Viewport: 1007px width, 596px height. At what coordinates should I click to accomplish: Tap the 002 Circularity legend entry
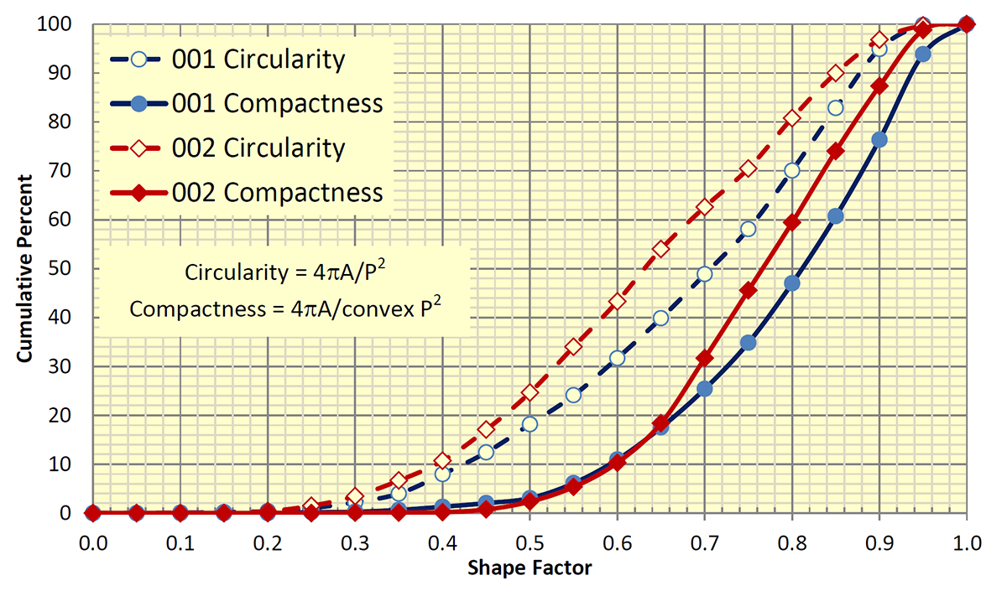click(258, 148)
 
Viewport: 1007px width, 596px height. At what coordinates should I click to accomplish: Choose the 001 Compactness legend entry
click(277, 104)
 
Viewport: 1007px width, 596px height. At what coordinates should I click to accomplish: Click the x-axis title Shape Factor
click(529, 567)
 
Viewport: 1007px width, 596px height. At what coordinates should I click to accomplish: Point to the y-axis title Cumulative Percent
click(24, 268)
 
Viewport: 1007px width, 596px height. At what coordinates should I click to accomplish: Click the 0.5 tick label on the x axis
click(530, 542)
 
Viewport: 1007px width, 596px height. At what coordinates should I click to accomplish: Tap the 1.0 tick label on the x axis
click(966, 542)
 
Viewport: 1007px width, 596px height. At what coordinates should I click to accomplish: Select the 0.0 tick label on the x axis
click(93, 542)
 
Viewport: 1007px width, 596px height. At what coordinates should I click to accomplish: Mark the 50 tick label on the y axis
click(71, 269)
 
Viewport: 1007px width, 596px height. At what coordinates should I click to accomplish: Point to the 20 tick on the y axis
click(71, 416)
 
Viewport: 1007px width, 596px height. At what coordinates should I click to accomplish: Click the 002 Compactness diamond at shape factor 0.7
click(705, 358)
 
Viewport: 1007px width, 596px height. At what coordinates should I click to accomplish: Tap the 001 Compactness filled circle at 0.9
click(879, 139)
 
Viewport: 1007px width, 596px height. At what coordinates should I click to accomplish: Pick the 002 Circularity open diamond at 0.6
click(618, 301)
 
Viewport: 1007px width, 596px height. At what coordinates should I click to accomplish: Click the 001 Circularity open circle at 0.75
click(749, 229)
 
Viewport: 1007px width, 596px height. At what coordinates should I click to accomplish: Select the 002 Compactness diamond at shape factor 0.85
click(836, 151)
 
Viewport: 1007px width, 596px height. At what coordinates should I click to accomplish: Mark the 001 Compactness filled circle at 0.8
click(792, 283)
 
